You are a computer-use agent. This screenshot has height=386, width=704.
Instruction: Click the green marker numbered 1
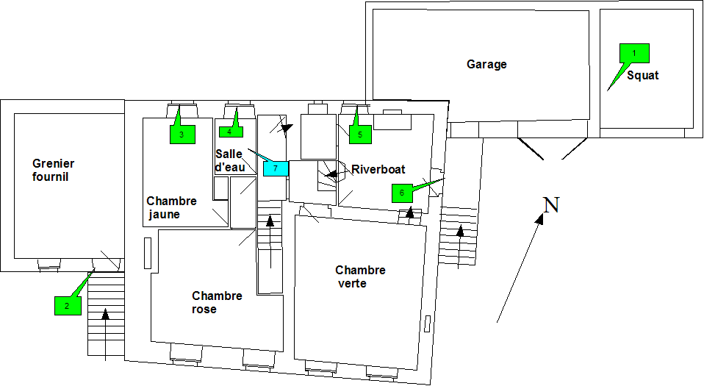(x=635, y=53)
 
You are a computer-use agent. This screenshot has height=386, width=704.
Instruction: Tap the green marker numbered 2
(x=67, y=305)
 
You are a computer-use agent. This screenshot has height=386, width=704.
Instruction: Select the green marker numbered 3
(x=182, y=135)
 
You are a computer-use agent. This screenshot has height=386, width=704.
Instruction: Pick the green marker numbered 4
(x=229, y=132)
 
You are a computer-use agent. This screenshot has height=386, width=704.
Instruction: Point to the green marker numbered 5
(x=360, y=134)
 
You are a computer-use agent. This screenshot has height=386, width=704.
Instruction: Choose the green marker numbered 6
(x=401, y=193)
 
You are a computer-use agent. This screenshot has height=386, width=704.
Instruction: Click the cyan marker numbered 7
(x=275, y=168)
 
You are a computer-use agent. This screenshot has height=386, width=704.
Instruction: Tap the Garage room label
(x=486, y=65)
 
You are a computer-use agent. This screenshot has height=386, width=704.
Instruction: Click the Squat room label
(x=642, y=76)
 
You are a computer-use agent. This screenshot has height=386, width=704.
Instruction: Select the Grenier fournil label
(x=53, y=171)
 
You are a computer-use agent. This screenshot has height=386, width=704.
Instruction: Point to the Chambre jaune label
(x=171, y=207)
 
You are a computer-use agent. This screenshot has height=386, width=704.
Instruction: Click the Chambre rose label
(x=217, y=302)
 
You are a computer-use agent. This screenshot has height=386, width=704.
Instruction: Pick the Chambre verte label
(x=359, y=276)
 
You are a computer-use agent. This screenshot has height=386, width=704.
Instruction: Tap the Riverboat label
(x=378, y=170)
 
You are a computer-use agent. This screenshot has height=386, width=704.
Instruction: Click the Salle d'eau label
(x=229, y=160)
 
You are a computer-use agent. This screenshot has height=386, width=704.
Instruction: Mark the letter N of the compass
(x=551, y=206)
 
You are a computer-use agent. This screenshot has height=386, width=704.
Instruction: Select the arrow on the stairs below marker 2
(x=106, y=335)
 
